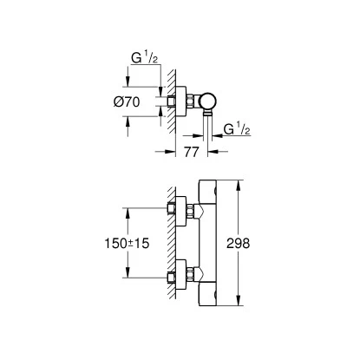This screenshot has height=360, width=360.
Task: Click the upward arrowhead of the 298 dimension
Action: pos(234,185)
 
